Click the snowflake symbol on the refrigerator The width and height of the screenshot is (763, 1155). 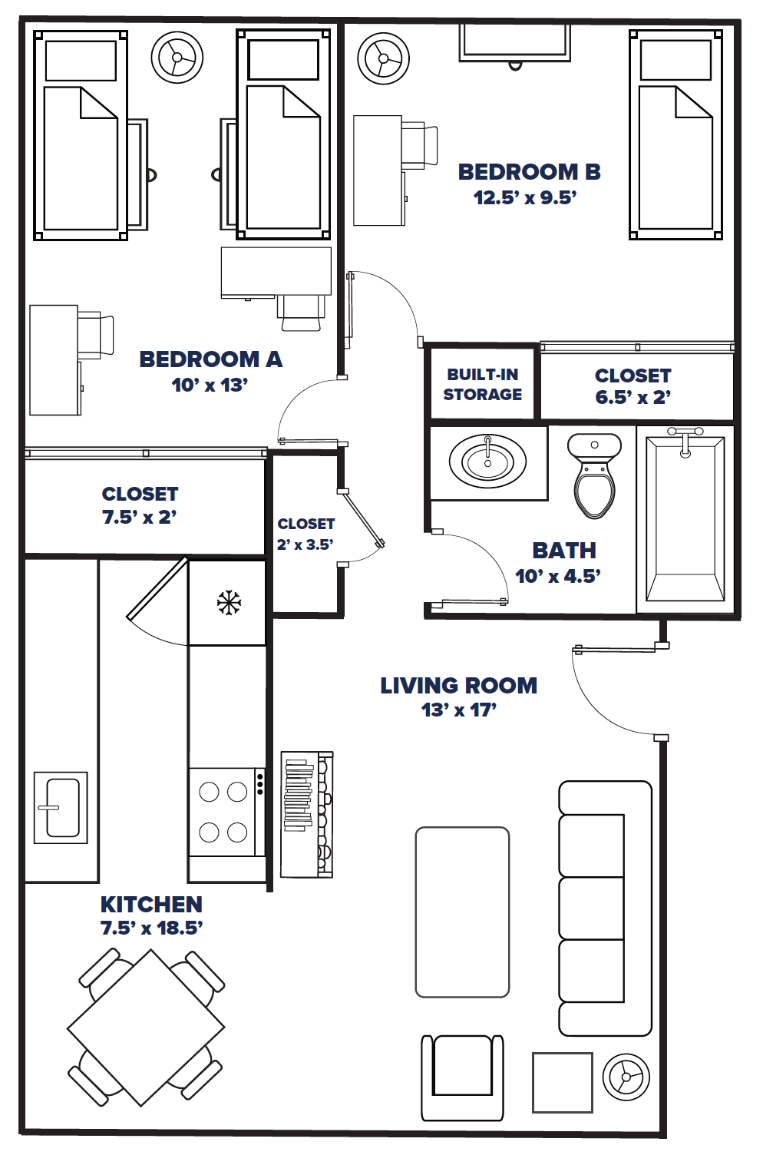(228, 603)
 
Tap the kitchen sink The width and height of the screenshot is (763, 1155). (61, 807)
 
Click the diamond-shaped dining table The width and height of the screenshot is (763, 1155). (146, 1028)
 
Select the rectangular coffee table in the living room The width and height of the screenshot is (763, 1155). (462, 912)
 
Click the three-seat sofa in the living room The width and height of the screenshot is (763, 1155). (605, 908)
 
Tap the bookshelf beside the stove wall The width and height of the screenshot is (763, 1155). (306, 814)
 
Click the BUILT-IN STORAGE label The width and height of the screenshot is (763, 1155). (482, 384)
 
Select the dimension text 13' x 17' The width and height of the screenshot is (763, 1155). (458, 710)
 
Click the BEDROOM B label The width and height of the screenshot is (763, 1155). (529, 172)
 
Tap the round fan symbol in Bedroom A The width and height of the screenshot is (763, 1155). (177, 58)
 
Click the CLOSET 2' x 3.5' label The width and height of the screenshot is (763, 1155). (306, 534)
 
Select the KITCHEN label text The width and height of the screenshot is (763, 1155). (151, 904)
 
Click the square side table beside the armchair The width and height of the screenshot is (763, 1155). (562, 1082)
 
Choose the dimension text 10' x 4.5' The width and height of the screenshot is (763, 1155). (557, 576)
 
